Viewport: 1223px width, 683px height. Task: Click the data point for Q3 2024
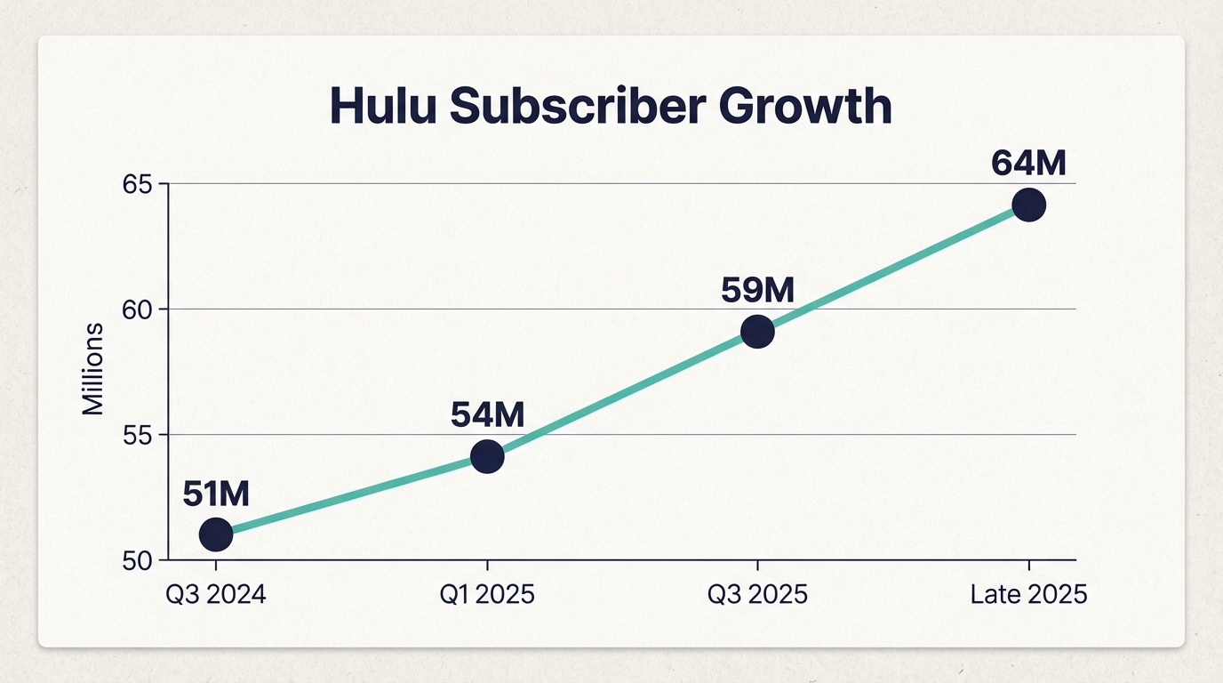click(x=216, y=534)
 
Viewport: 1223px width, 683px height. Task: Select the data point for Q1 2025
click(x=487, y=457)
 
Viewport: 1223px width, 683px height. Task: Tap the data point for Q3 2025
click(x=757, y=332)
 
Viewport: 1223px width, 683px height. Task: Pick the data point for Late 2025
click(x=1028, y=205)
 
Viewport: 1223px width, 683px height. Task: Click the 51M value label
click(x=216, y=494)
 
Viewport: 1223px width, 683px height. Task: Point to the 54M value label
click(x=487, y=414)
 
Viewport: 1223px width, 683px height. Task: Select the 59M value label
click(x=757, y=290)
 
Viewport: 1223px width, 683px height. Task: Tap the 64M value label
click(x=1028, y=164)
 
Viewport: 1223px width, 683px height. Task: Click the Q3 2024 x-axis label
click(x=216, y=594)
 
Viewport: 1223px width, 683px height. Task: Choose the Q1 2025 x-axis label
click(x=487, y=594)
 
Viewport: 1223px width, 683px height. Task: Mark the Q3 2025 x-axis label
click(x=757, y=594)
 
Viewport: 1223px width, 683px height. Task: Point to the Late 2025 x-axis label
click(x=1028, y=594)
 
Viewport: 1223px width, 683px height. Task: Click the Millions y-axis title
click(x=93, y=370)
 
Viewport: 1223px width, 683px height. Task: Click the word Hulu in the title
click(x=383, y=107)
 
